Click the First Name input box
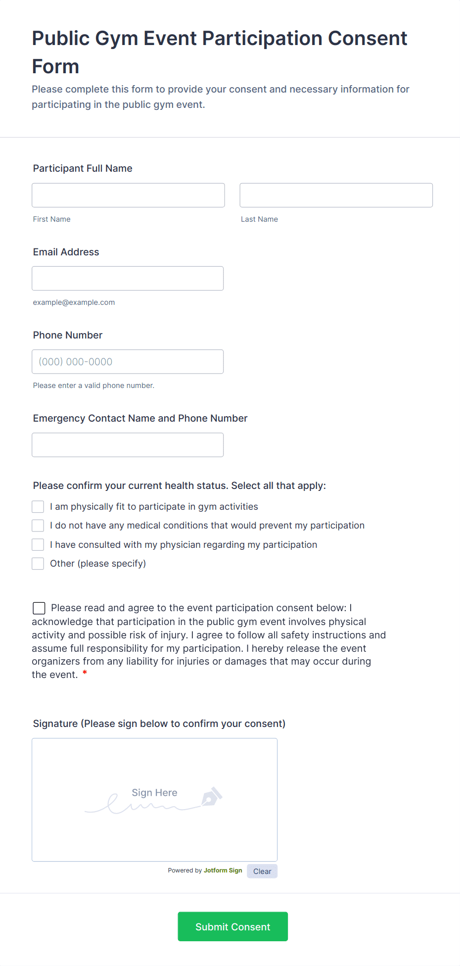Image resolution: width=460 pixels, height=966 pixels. (128, 195)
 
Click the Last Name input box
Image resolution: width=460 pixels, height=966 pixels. (336, 195)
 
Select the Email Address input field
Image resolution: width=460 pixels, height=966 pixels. (128, 278)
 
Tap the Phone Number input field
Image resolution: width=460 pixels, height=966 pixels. (128, 361)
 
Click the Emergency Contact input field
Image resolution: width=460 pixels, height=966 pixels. (128, 444)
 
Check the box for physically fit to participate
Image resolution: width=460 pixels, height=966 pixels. (38, 506)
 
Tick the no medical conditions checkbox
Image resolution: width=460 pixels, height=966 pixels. (38, 525)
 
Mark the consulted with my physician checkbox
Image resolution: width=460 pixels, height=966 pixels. (38, 544)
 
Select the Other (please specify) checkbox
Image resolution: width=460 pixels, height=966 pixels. (38, 563)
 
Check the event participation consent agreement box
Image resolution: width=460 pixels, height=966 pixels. (39, 608)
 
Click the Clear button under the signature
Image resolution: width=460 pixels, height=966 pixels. (262, 871)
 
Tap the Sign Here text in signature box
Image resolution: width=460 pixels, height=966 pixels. (154, 792)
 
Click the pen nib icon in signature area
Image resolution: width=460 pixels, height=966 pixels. (211, 796)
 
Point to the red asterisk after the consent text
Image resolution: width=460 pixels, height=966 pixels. (85, 673)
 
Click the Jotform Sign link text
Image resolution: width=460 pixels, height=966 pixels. (223, 870)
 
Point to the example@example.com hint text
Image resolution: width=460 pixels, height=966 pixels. (74, 302)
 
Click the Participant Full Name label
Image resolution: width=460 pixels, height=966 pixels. (83, 168)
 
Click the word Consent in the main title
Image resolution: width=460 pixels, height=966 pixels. (368, 38)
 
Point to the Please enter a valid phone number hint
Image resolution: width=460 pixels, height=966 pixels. (93, 386)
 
